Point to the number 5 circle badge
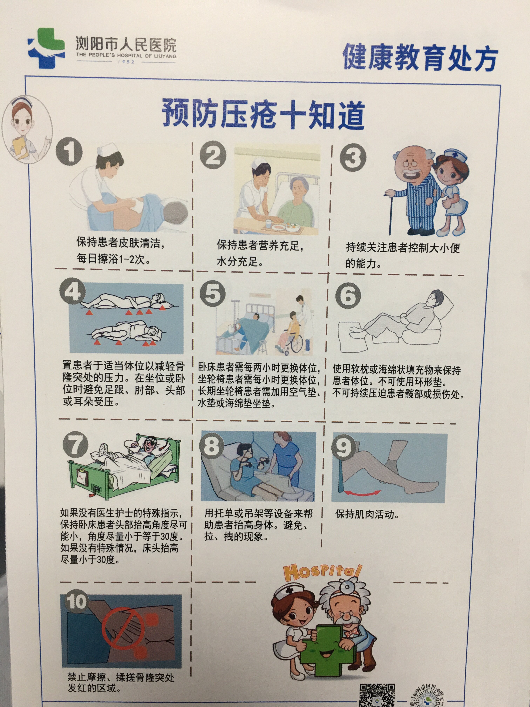click(212, 293)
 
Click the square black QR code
click(377, 694)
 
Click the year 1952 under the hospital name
click(126, 62)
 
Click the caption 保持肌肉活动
click(367, 514)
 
